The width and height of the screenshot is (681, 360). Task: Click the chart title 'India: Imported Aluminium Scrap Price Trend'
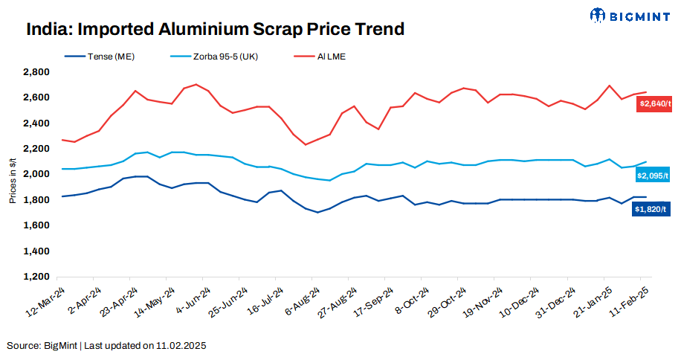click(x=216, y=29)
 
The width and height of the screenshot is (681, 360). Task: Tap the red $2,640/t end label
click(x=654, y=105)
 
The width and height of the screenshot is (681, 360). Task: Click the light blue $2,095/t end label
click(x=654, y=176)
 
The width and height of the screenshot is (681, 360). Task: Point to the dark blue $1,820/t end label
click(x=654, y=209)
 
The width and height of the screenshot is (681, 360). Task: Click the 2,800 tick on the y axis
click(x=36, y=72)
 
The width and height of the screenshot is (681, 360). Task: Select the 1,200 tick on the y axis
click(x=36, y=277)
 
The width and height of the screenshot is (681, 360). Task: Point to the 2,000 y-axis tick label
click(x=36, y=174)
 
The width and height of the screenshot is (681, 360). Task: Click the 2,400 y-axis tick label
click(x=36, y=123)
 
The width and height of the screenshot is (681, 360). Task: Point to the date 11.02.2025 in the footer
click(x=181, y=346)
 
